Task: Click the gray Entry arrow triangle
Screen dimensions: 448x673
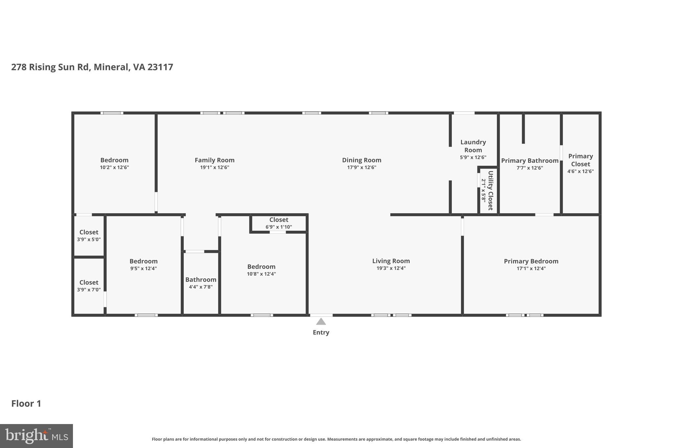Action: tap(321, 322)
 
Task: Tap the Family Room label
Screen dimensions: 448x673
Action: tap(214, 160)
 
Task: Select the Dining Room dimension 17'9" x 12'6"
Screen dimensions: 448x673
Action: tap(361, 167)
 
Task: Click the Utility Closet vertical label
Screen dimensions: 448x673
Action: tap(490, 190)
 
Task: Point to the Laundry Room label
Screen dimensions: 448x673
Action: tap(473, 146)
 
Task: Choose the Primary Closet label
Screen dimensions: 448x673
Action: tap(580, 160)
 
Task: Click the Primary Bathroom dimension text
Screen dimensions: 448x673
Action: tap(529, 168)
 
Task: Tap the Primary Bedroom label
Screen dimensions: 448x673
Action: tap(531, 261)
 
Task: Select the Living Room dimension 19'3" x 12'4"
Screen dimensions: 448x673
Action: tap(391, 268)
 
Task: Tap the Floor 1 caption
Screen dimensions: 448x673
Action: tap(26, 404)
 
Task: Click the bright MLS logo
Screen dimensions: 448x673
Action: tap(36, 436)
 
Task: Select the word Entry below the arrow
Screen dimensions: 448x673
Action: tap(321, 332)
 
